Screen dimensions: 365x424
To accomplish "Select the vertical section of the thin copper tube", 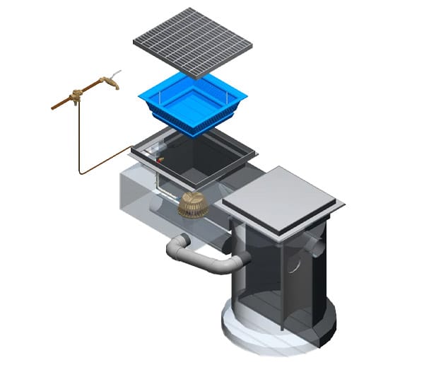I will pos(78,134).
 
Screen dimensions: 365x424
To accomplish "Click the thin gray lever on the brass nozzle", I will pos(117,72).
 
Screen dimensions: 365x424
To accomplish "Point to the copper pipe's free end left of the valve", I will pos(54,108).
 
